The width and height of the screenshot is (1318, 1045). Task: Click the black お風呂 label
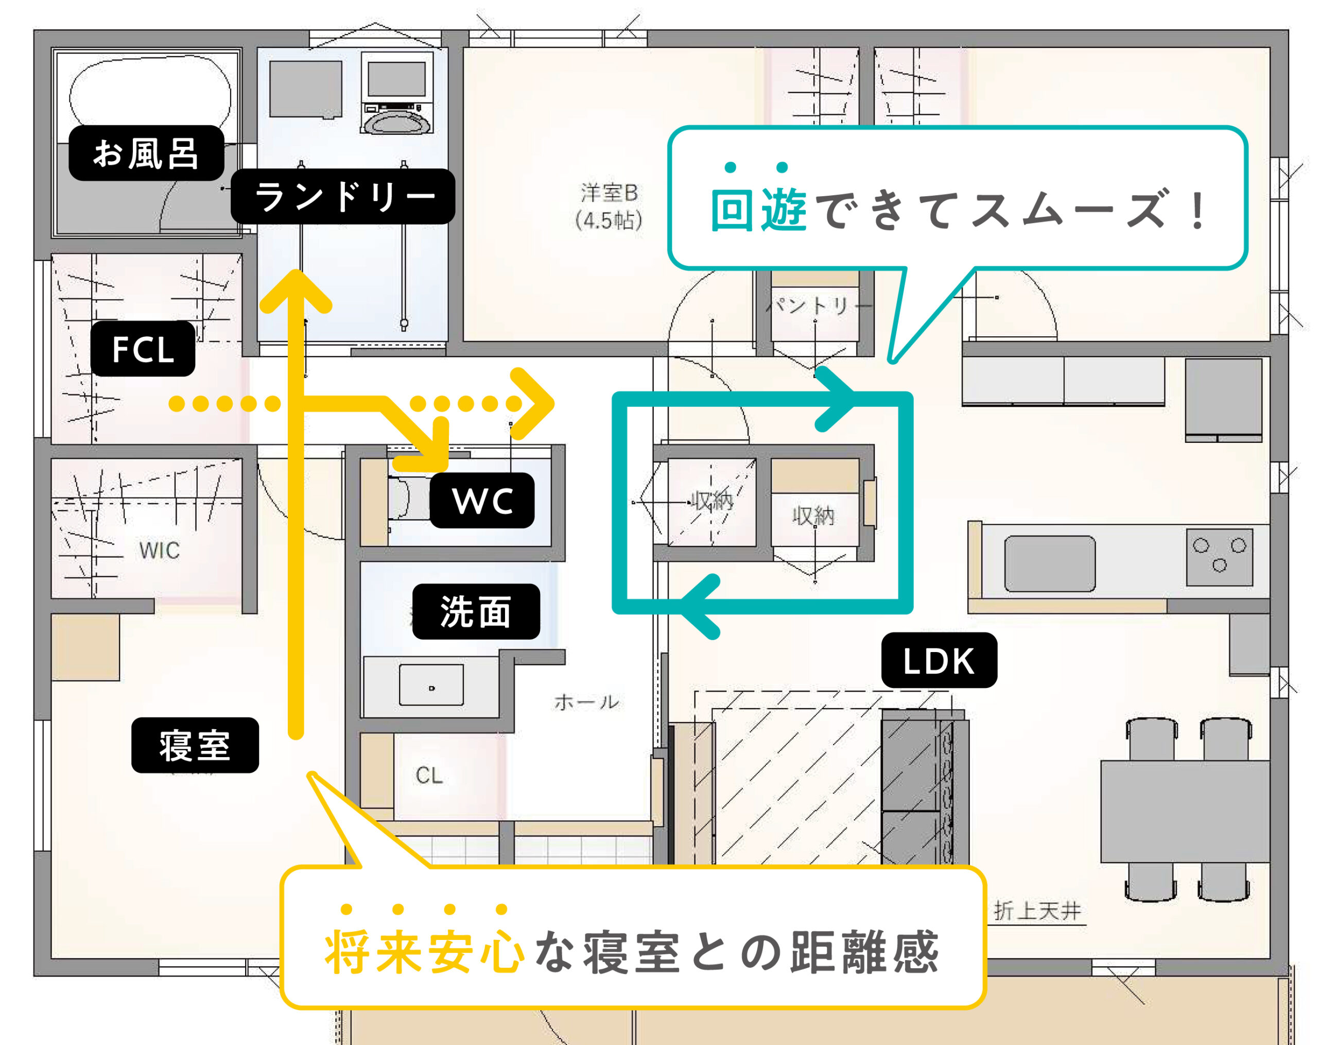(146, 153)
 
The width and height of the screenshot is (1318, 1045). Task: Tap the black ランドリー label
(343, 196)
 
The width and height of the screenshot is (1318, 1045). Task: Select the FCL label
(143, 349)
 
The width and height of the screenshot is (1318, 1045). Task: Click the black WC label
(482, 500)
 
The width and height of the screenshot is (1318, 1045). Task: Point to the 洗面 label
(476, 611)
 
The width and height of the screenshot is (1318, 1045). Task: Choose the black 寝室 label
(195, 745)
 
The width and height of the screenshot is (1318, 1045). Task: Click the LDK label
(939, 660)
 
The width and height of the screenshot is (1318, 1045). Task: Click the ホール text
(587, 702)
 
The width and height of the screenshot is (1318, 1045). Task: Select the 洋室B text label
(610, 193)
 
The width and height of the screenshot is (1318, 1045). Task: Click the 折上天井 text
(1037, 911)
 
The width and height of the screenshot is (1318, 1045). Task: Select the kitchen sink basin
(1050, 563)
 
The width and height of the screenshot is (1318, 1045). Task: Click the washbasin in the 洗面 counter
(431, 686)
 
